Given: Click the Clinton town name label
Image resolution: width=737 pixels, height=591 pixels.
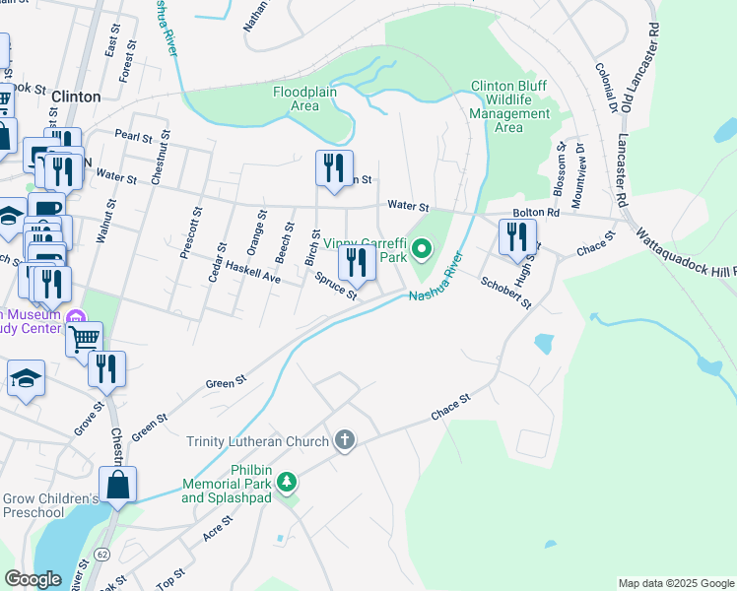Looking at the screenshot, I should [x=75, y=97].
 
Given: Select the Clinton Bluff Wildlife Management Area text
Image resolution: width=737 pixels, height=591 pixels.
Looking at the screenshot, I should [x=509, y=106].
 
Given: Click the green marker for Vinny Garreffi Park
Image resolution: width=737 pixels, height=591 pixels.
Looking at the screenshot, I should [x=422, y=249].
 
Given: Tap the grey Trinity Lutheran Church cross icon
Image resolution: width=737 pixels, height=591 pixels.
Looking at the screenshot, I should [x=344, y=439].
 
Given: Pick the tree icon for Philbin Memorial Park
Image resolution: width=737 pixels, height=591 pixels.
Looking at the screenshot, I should [x=287, y=482].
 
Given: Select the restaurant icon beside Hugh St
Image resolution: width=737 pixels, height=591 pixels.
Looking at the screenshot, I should [x=517, y=237].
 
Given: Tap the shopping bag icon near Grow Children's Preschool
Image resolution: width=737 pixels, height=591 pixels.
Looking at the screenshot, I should [x=117, y=485].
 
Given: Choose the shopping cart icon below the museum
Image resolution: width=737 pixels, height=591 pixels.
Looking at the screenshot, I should [x=85, y=339].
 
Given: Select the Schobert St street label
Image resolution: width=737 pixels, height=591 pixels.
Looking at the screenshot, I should [x=505, y=292].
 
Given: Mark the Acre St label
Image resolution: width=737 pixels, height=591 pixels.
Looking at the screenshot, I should [x=217, y=528].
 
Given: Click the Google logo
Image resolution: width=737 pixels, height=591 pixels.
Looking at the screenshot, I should [x=33, y=579].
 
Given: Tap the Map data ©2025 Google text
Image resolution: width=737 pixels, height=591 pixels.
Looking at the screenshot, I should [x=675, y=583].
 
